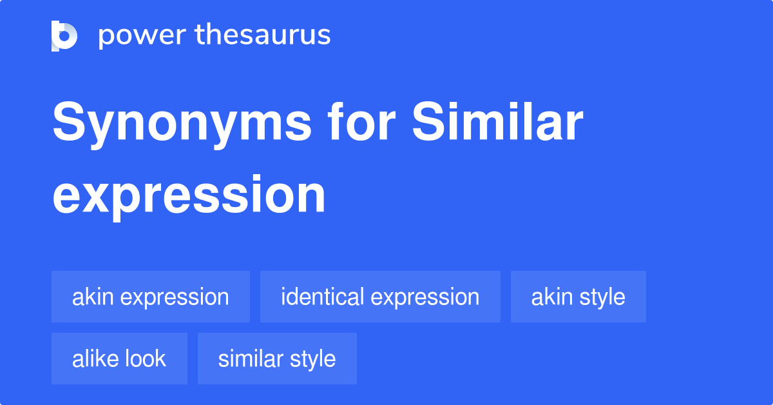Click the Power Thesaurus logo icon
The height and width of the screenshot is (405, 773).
point(64,36)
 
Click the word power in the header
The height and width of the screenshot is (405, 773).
point(142,35)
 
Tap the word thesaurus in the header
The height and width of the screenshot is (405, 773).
point(263,34)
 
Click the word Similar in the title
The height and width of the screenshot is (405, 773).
point(497,121)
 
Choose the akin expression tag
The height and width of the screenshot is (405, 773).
point(151,297)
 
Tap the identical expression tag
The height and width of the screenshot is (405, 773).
point(380,297)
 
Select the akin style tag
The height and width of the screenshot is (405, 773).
point(578,297)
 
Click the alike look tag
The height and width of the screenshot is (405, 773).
point(119,359)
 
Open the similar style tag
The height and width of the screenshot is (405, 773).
point(277,359)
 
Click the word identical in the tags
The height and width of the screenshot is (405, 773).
point(322,297)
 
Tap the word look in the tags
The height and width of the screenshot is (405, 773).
point(146,359)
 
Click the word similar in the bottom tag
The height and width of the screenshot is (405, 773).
point(250,359)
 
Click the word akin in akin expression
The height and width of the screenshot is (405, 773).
point(93,297)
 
